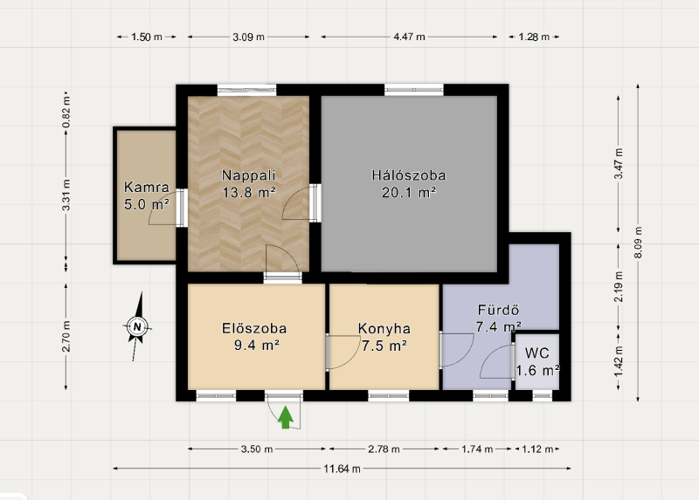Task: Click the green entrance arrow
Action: pos(286,418)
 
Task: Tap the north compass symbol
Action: pos(137,327)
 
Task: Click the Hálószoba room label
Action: pos(409,175)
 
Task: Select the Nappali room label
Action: pos(249,175)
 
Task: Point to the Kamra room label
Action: pos(147,187)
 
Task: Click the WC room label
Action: pos(537,353)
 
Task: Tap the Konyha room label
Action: pos(384,329)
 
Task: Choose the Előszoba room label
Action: pos(254,329)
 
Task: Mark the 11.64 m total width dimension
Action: pos(342,469)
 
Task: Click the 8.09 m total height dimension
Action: pos(638,243)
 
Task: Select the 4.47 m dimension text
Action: pos(409,37)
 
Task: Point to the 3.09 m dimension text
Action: pos(248,37)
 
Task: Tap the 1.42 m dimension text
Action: pos(619,360)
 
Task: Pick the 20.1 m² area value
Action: pos(409,192)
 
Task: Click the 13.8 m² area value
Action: pos(249,192)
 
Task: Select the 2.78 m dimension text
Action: pos(384,449)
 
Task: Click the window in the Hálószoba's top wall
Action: pos(414,90)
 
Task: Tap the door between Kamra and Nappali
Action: pos(182,208)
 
